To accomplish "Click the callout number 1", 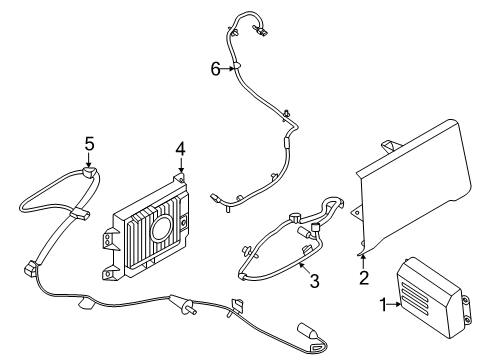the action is (383, 304).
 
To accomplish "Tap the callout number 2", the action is (364, 277).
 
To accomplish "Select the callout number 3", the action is (314, 280).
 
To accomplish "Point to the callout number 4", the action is (180, 149).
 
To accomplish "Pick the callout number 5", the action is (89, 144).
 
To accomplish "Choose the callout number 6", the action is (216, 69).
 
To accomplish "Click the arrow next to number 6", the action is (227, 69).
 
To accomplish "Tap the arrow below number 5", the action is (89, 159).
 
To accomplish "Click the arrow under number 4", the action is (181, 164).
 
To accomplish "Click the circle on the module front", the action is (162, 227).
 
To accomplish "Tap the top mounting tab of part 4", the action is (180, 178).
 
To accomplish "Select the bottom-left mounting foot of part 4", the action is (109, 273).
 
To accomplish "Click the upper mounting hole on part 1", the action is (466, 301).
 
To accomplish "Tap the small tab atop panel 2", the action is (391, 146).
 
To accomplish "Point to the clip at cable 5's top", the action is (89, 173).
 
